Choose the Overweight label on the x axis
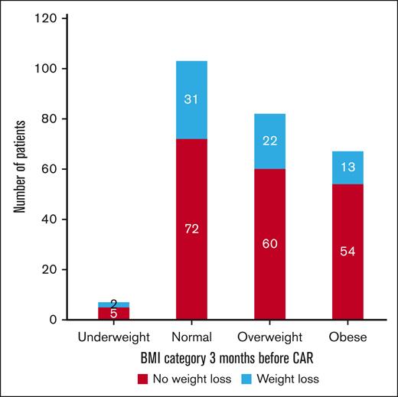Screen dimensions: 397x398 [270, 336]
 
